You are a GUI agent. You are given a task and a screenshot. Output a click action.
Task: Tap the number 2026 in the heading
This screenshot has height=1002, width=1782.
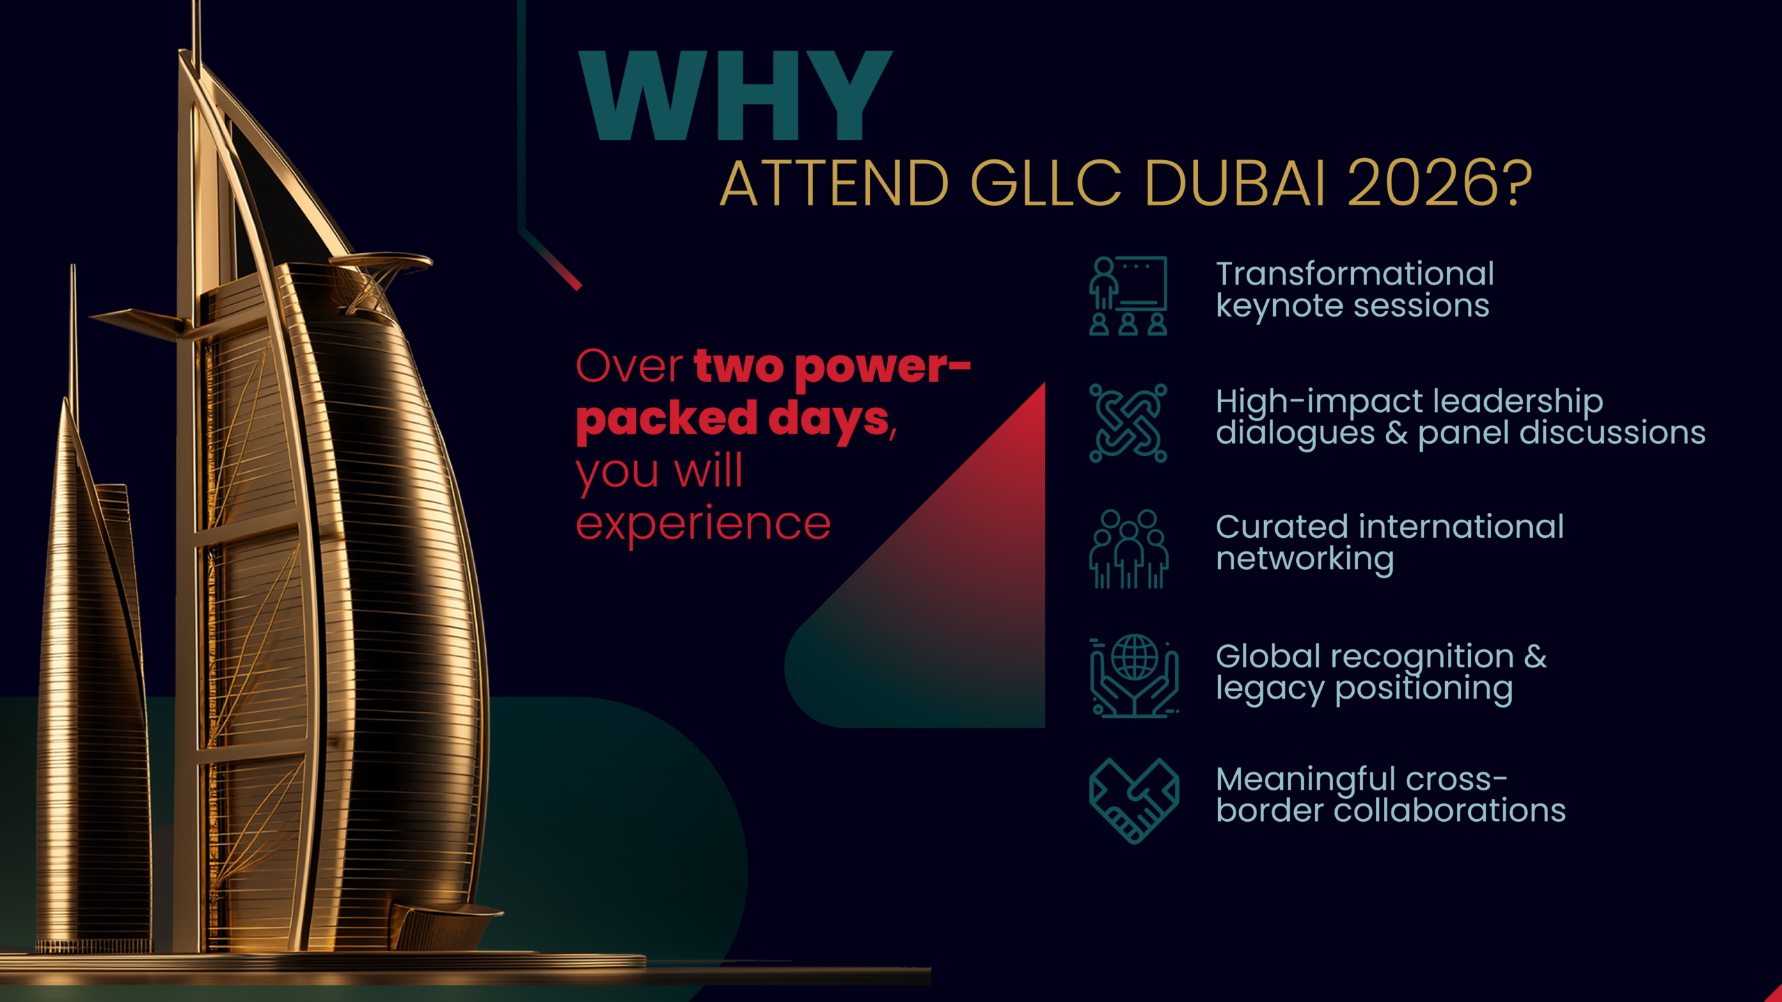pos(1440,183)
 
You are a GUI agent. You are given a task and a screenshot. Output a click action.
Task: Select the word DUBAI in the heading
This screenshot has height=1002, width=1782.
pos(1234,183)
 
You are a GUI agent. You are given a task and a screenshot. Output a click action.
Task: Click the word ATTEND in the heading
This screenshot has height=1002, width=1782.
pos(834,183)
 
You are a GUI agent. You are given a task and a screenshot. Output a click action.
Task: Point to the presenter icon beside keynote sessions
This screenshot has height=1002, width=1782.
pos(1128,296)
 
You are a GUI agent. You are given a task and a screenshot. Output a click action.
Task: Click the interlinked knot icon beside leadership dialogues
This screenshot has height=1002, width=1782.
pos(1128,423)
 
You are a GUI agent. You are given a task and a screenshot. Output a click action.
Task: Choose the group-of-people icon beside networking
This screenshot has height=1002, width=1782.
pos(1128,550)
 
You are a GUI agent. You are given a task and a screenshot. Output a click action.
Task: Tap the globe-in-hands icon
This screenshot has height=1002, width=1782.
pos(1134,676)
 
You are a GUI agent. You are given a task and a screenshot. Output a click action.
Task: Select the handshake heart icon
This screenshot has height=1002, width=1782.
pos(1134,801)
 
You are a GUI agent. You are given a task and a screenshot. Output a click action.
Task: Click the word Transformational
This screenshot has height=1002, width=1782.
pos(1355,273)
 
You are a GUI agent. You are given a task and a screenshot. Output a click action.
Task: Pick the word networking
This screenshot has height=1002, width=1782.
pos(1305,559)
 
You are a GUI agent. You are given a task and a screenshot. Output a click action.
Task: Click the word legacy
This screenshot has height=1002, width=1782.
pos(1270,689)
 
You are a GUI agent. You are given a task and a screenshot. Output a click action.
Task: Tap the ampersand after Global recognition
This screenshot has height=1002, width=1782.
pos(1536,657)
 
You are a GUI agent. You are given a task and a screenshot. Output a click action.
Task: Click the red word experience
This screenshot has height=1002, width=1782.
pos(703,525)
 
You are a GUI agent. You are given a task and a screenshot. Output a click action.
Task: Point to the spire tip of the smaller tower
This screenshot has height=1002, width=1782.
pos(72,265)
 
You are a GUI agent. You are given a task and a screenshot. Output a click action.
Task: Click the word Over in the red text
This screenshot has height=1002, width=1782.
pos(629,366)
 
